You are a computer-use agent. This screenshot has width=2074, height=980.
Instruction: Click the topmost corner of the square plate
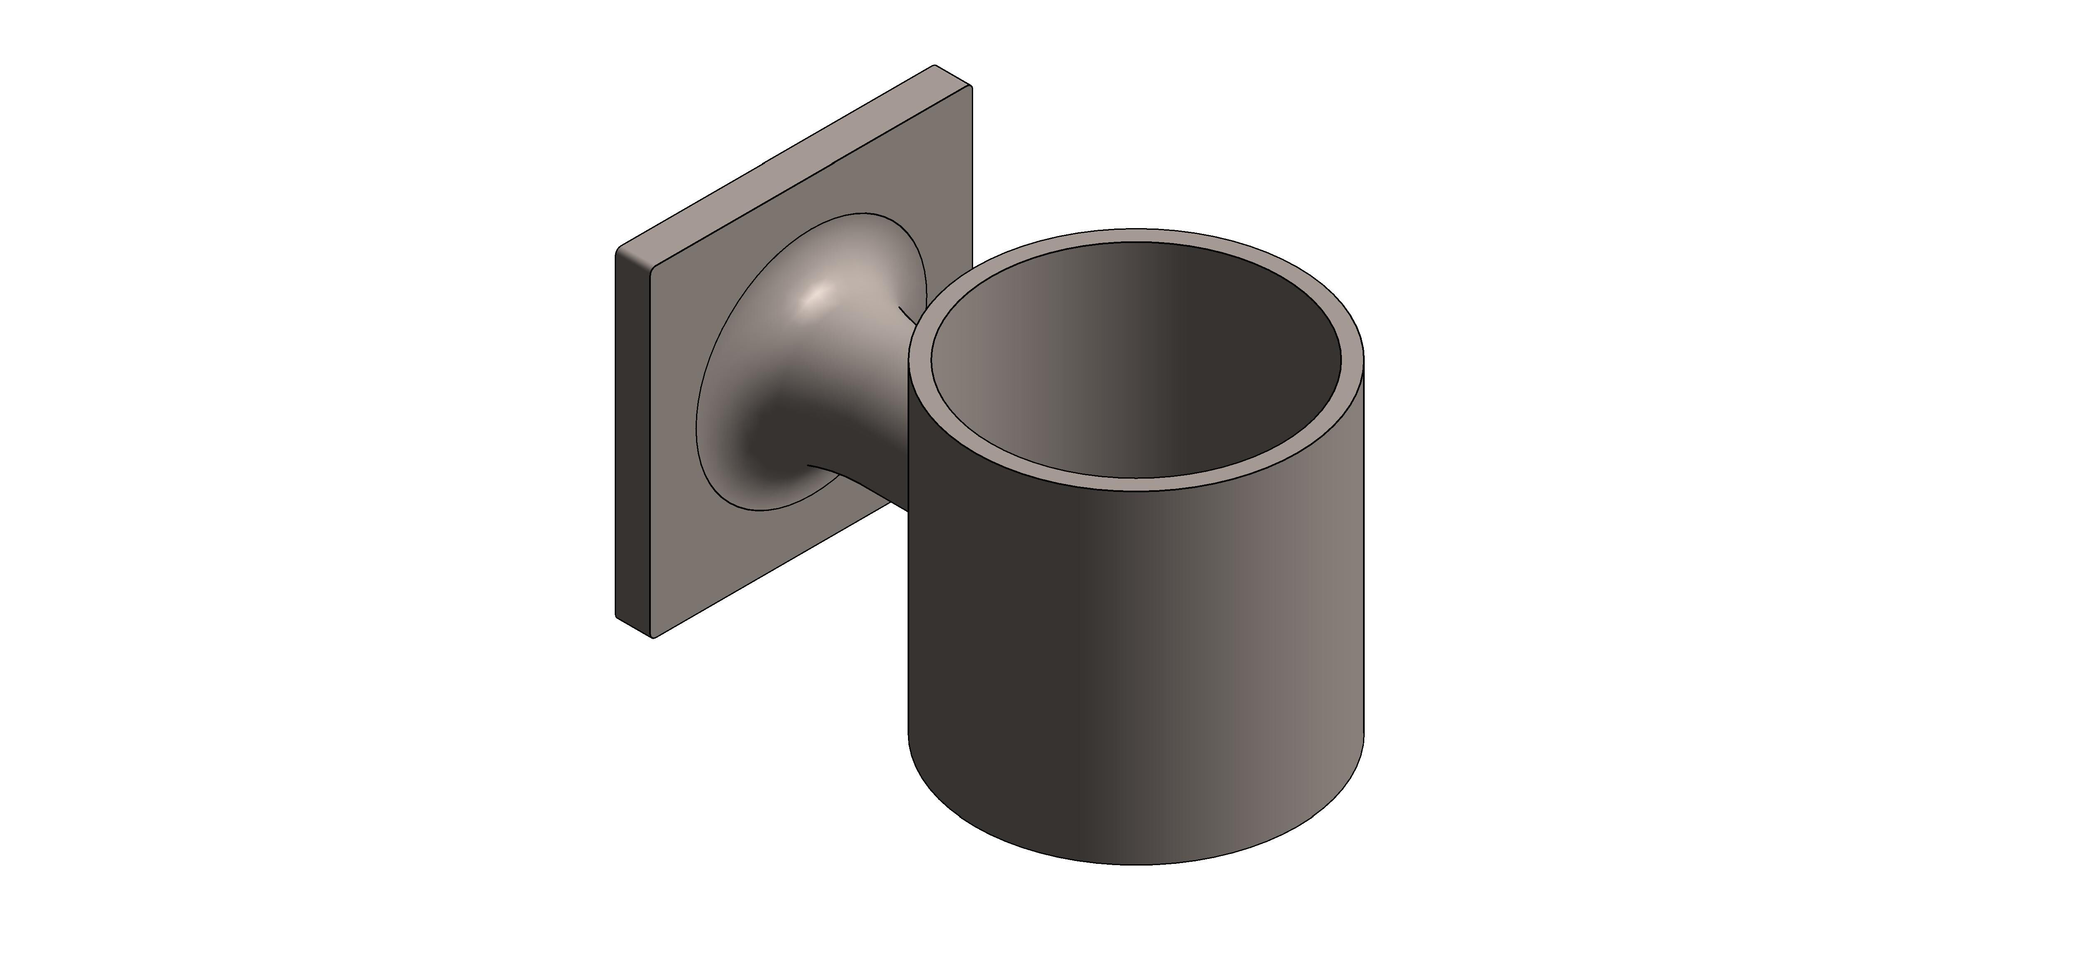click(934, 66)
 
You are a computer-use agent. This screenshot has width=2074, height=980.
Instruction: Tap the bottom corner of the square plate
click(653, 638)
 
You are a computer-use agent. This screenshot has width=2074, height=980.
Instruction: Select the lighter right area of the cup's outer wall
click(1304, 644)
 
